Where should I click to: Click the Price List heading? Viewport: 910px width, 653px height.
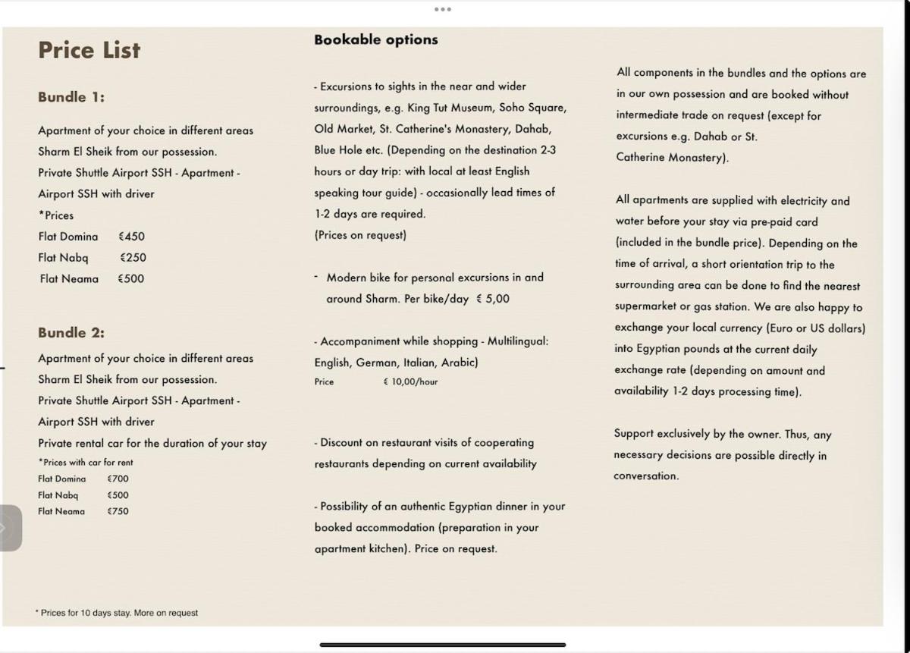click(x=89, y=50)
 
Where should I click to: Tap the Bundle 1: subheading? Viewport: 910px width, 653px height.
click(x=71, y=97)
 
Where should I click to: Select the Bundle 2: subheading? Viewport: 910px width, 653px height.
click(x=71, y=333)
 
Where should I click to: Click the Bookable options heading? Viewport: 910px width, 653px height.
click(x=376, y=39)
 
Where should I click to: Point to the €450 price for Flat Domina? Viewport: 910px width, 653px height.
click(x=132, y=237)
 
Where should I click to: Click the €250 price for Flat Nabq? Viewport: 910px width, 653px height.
click(x=133, y=258)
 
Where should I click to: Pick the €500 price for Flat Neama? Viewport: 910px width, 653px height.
click(x=131, y=279)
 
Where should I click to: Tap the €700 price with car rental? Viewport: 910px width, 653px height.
click(x=118, y=479)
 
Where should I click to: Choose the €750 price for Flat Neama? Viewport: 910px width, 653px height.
click(x=118, y=512)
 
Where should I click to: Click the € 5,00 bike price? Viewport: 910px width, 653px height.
click(x=493, y=299)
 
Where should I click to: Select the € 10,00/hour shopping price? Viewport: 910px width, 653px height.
click(x=410, y=382)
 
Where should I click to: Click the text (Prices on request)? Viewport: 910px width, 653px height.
click(x=360, y=235)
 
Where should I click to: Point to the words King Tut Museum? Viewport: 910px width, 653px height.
click(x=450, y=108)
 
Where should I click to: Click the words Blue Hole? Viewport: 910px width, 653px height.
click(x=338, y=150)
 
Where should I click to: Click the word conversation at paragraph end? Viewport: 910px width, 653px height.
click(x=646, y=476)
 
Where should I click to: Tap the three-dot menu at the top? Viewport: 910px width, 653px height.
click(x=443, y=9)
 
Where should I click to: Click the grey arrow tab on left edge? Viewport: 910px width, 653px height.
click(x=10, y=527)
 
